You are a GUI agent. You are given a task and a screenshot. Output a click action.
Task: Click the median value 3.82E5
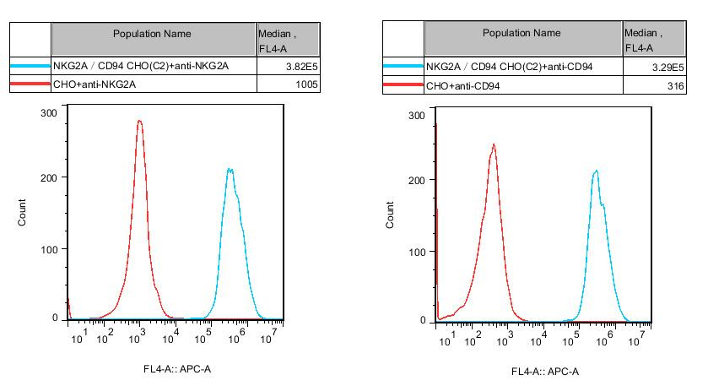tap(302, 66)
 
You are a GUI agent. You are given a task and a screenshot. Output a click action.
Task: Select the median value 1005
tap(307, 84)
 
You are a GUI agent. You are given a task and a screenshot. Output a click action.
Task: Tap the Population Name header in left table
tap(153, 34)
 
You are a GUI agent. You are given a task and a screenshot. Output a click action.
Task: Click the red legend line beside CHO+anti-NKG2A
tap(30, 84)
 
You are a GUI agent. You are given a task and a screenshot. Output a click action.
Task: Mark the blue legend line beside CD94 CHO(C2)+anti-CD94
tap(403, 66)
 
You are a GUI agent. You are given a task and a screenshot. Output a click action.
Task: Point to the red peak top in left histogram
tap(139, 121)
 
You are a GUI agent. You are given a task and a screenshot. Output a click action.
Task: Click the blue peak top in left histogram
tap(230, 169)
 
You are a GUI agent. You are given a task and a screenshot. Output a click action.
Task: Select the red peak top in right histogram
tap(494, 144)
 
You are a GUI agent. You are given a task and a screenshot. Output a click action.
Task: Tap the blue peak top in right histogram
tap(597, 171)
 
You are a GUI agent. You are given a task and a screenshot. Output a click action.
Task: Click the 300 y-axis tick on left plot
tap(49, 112)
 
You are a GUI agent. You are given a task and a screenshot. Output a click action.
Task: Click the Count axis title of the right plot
tap(391, 215)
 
